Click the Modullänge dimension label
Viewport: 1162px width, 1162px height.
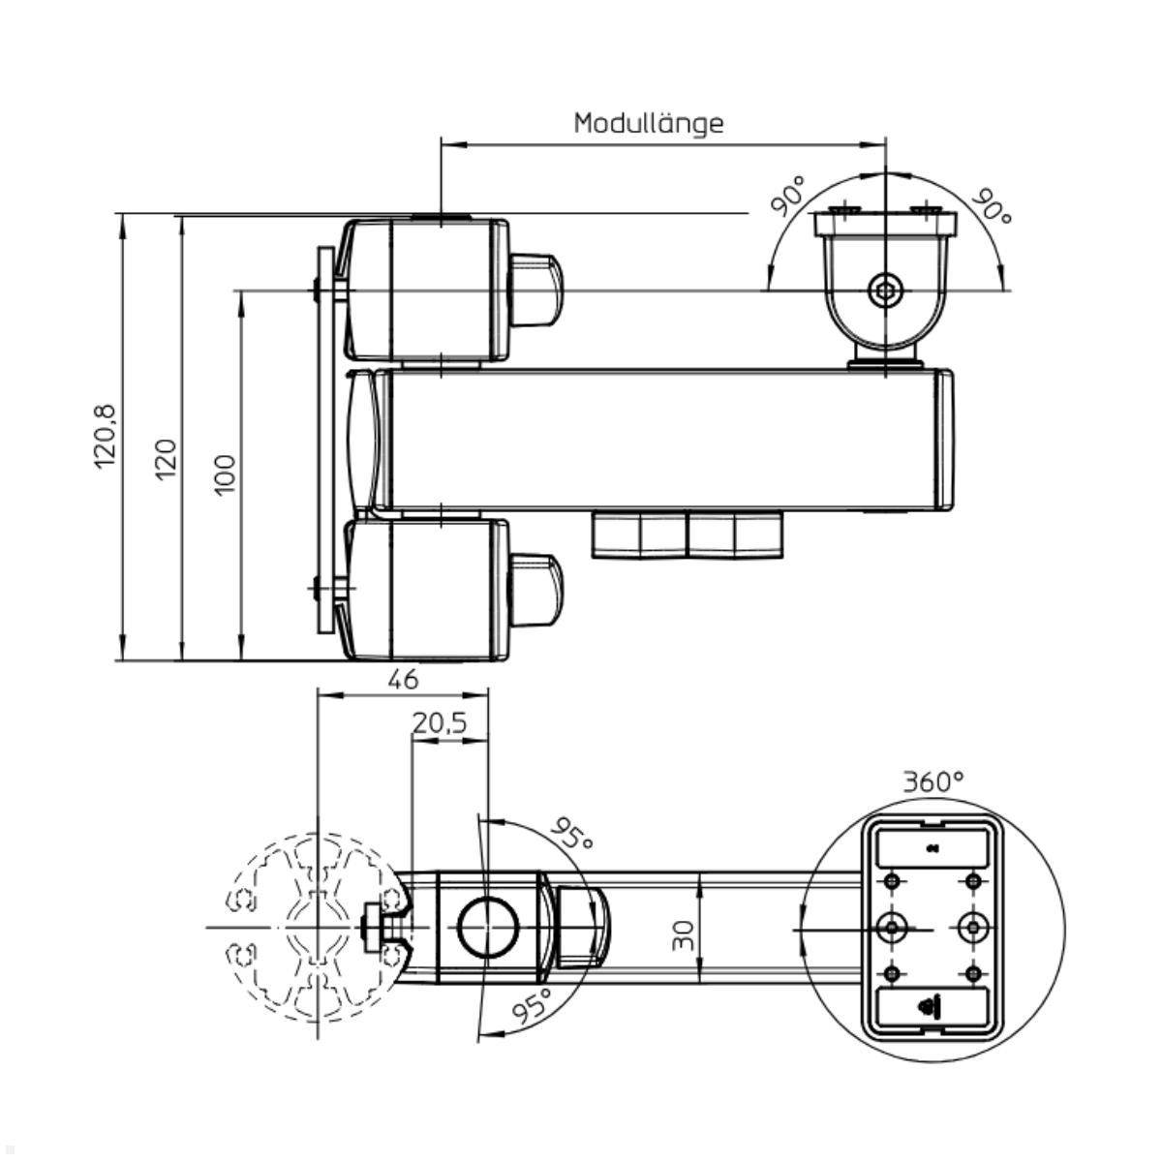pos(648,123)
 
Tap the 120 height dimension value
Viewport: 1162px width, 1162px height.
pos(166,458)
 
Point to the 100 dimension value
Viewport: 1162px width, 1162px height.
pos(224,474)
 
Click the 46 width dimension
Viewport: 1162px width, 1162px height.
pos(403,680)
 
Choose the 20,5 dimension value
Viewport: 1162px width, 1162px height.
pos(440,723)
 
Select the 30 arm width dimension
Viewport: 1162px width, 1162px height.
pos(684,934)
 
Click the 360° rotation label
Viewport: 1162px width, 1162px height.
pos(933,782)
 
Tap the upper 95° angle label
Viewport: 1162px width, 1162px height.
pos(573,835)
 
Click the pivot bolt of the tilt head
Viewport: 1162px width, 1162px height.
pos(885,289)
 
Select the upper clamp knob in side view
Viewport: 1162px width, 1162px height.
pos(535,290)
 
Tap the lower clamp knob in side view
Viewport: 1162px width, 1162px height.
pos(535,590)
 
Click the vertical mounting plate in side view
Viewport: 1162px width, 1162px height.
pos(325,441)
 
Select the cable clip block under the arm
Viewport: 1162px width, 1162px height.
pos(687,535)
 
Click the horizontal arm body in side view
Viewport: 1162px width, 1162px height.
pos(668,441)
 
